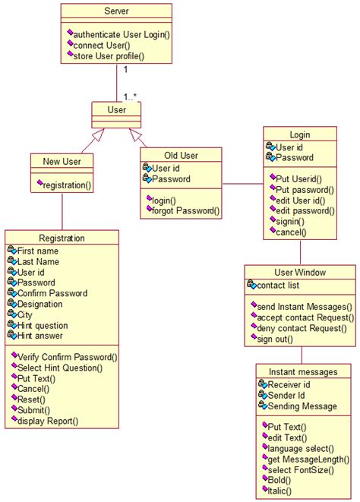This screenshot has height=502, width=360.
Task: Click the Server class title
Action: (116, 11)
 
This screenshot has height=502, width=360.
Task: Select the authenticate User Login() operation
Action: (122, 34)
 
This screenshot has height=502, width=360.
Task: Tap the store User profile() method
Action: (109, 55)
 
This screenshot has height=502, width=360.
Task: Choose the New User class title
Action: (62, 161)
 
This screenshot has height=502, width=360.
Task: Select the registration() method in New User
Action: (67, 185)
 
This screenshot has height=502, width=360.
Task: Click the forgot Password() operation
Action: (185, 211)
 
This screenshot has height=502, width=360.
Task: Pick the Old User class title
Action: (182, 155)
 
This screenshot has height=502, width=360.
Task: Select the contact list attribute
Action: (279, 286)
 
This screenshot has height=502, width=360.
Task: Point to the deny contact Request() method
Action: (302, 328)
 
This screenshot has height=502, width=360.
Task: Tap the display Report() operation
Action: (47, 421)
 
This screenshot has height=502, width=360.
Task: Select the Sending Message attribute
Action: (302, 406)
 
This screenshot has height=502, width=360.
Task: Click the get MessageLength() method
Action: (308, 459)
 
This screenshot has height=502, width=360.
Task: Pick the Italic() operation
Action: (284, 491)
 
